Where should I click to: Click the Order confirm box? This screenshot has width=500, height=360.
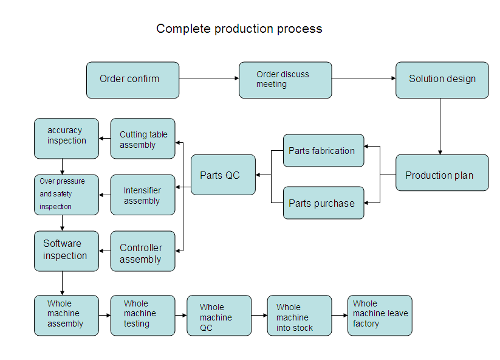[x=132, y=80]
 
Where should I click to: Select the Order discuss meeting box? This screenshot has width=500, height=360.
[x=286, y=80]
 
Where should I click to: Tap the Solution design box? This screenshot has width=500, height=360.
[x=442, y=80]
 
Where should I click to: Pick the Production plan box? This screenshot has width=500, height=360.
[x=442, y=173]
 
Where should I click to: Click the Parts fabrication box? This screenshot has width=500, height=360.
[x=323, y=150]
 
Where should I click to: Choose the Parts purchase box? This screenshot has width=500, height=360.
[x=323, y=203]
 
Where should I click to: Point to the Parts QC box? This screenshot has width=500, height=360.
[x=223, y=175]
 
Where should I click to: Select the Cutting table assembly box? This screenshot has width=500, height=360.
[x=143, y=139]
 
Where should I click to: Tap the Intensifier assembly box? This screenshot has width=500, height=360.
[x=143, y=195]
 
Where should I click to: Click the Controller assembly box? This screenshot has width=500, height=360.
[x=143, y=251]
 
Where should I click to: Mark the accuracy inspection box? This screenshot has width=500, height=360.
[x=66, y=139]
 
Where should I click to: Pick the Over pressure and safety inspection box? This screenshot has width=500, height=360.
[x=66, y=195]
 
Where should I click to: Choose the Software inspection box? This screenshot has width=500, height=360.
[x=66, y=251]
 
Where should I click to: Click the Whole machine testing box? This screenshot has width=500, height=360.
[x=143, y=316]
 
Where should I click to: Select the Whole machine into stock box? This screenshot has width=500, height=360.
[x=300, y=316]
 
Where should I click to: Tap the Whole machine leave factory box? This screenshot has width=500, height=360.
[x=380, y=316]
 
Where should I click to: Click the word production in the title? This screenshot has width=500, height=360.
[x=244, y=29]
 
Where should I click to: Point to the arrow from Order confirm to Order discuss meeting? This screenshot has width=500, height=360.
[x=209, y=78]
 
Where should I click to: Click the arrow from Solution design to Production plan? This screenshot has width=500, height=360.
[x=440, y=126]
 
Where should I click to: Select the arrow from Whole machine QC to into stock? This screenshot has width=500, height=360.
[x=259, y=316]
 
